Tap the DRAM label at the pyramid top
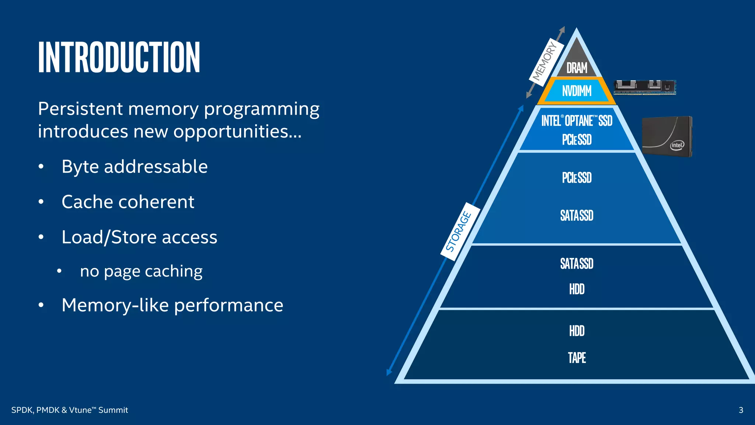(577, 68)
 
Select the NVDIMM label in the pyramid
(577, 91)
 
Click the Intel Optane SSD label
(577, 121)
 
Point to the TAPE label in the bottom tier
(577, 357)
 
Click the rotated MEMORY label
(545, 61)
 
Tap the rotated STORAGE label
(459, 231)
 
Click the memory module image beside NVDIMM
(644, 87)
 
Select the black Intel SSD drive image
(667, 136)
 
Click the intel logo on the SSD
(677, 145)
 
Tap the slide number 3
(741, 410)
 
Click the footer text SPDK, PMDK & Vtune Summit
(70, 410)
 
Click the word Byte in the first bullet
(80, 167)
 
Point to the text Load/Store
(109, 237)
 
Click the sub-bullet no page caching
(141, 272)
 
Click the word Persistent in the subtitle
(80, 109)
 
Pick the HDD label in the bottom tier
(577, 331)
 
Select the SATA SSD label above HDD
(577, 263)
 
